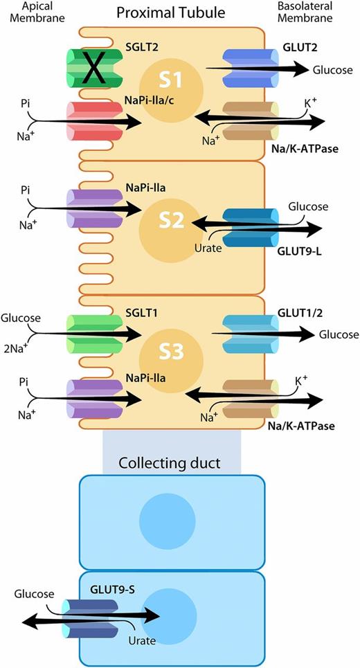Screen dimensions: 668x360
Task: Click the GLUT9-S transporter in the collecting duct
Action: tap(87, 615)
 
